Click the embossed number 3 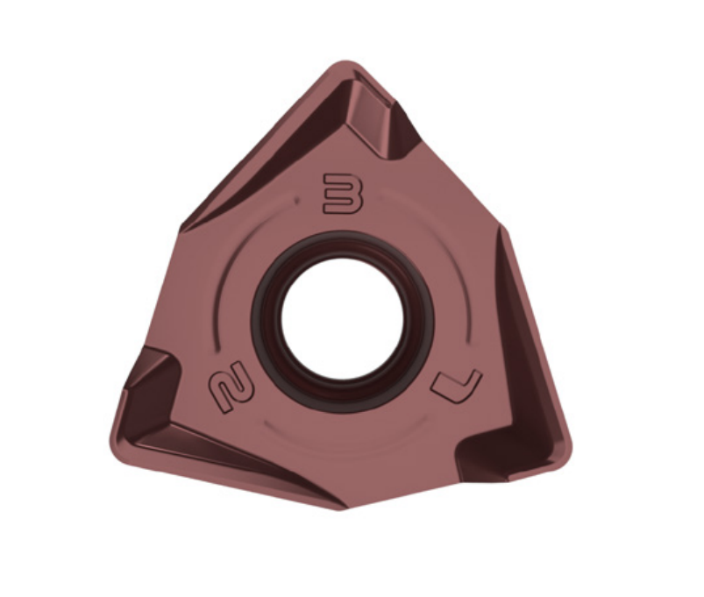[343, 191]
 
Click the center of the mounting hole [343, 316]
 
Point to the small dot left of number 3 [297, 201]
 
